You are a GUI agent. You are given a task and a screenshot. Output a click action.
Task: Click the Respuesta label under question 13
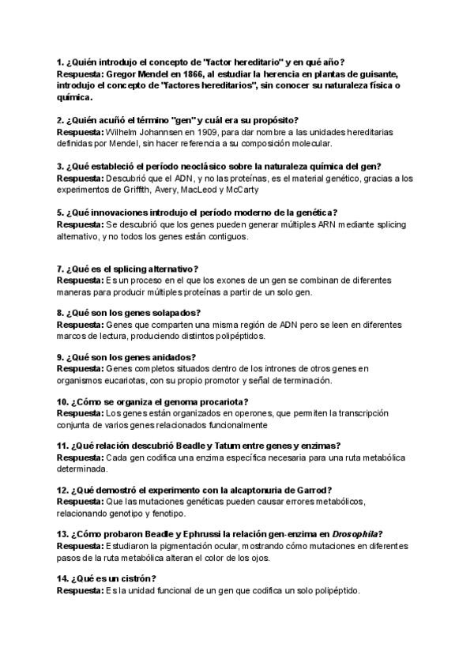(x=80, y=546)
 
